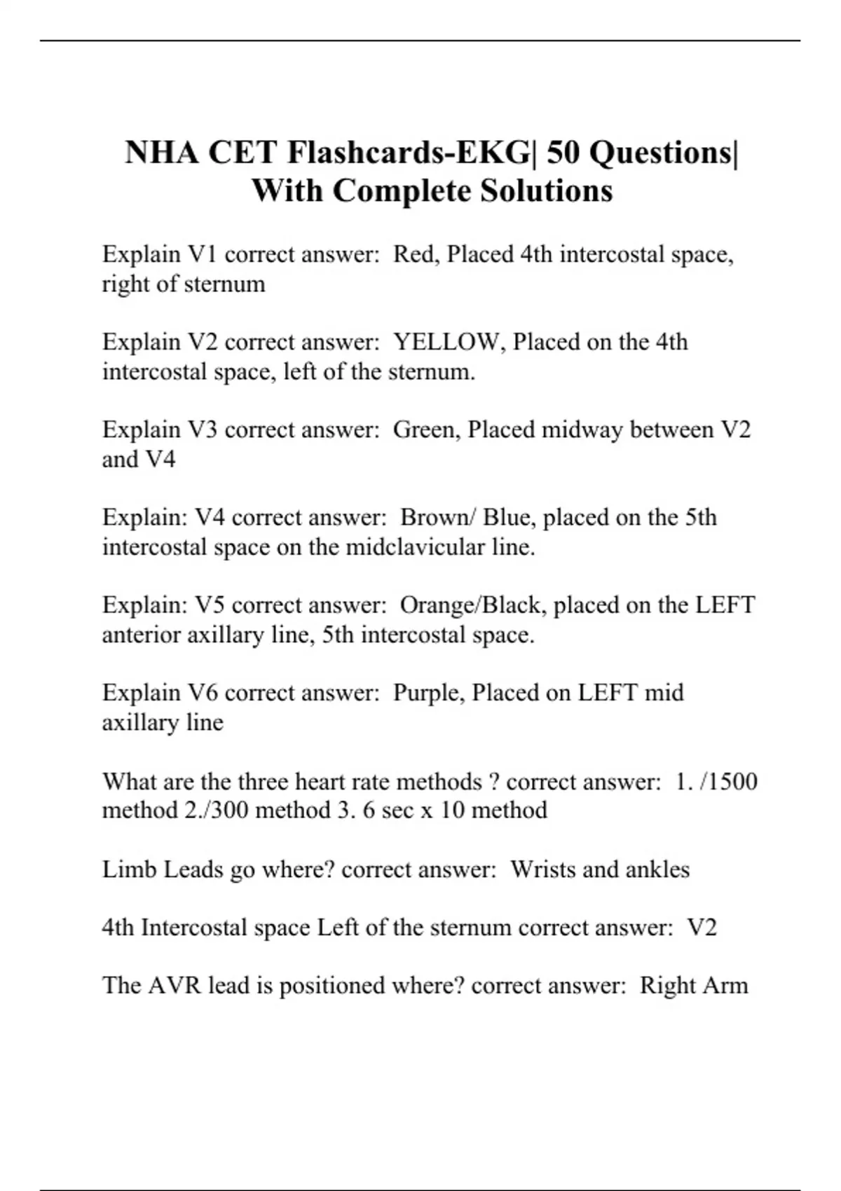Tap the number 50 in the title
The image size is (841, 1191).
tap(563, 153)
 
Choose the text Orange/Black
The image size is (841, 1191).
tap(472, 605)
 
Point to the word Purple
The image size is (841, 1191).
tap(428, 693)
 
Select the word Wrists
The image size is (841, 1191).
tap(542, 869)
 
